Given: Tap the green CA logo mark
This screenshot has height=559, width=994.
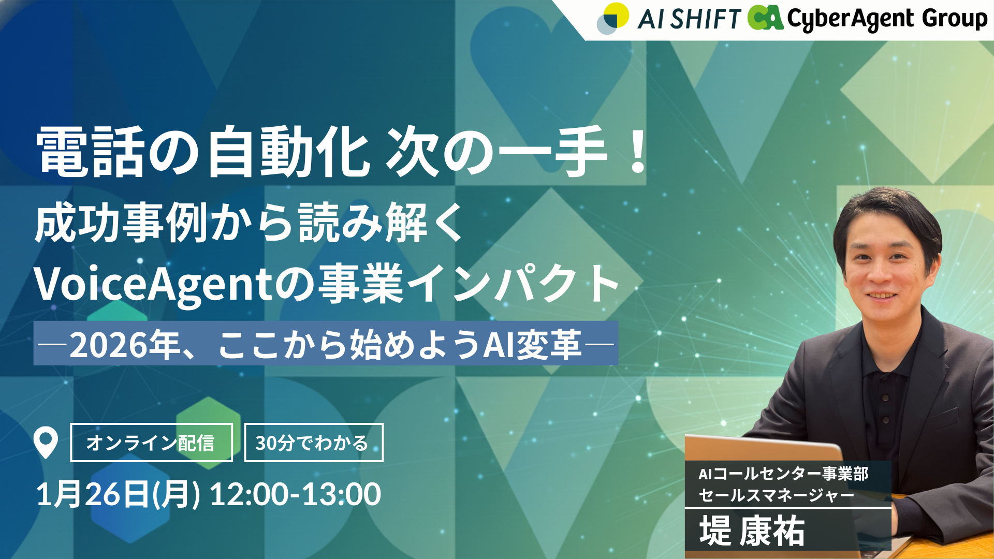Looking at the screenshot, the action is click(x=765, y=18).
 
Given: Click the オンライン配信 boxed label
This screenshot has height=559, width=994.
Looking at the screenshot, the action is click(x=151, y=443).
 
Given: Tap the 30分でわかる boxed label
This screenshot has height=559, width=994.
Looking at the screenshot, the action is click(x=314, y=443).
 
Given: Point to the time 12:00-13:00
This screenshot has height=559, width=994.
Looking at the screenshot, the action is click(x=295, y=494).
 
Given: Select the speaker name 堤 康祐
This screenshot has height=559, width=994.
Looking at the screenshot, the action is click(x=752, y=531).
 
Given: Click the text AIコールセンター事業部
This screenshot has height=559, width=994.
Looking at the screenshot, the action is click(x=783, y=474).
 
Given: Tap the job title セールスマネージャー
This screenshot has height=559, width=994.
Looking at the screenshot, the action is click(x=776, y=496).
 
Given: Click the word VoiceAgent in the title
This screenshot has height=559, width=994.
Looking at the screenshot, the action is click(x=153, y=284).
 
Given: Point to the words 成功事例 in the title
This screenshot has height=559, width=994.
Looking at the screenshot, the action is click(x=121, y=223).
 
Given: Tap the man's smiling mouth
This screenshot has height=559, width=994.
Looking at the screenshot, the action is click(x=882, y=296).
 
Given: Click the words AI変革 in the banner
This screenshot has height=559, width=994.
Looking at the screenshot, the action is click(x=532, y=345).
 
